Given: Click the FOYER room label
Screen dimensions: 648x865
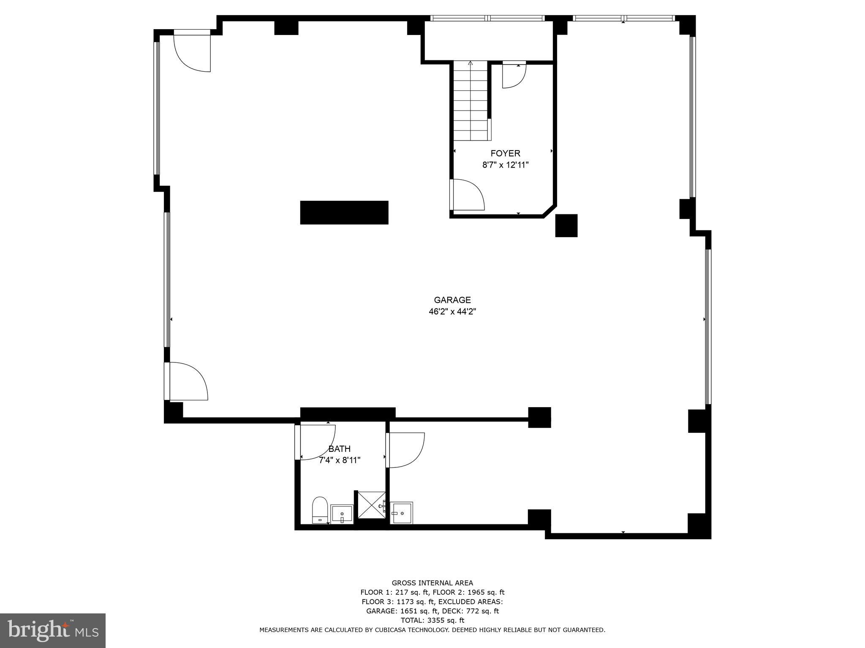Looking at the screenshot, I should pyautogui.click(x=505, y=154).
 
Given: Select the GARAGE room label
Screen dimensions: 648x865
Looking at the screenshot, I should pyautogui.click(x=452, y=300).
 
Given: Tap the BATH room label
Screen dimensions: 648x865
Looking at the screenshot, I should pyautogui.click(x=340, y=449).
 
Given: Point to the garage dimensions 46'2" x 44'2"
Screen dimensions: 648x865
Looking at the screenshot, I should pyautogui.click(x=452, y=312).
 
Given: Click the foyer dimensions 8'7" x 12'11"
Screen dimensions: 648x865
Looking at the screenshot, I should pyautogui.click(x=505, y=165).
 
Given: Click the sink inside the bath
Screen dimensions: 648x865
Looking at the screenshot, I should pyautogui.click(x=342, y=514).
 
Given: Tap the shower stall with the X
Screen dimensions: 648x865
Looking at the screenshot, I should pyautogui.click(x=371, y=505).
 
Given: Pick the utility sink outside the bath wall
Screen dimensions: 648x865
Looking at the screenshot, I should pyautogui.click(x=401, y=513).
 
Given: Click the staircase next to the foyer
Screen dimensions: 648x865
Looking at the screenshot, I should pyautogui.click(x=471, y=101).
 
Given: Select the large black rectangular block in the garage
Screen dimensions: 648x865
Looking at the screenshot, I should pyautogui.click(x=344, y=213).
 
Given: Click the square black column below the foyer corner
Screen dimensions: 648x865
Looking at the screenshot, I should pyautogui.click(x=566, y=226).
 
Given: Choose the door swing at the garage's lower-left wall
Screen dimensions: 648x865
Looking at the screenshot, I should pyautogui.click(x=188, y=381).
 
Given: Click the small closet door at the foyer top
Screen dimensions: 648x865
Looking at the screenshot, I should pyautogui.click(x=514, y=76).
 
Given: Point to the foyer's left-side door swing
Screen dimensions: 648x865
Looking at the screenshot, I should pyautogui.click(x=467, y=194).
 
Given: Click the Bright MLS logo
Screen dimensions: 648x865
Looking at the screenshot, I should pyautogui.click(x=53, y=630).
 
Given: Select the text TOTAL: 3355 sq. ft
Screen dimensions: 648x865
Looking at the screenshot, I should pyautogui.click(x=432, y=620).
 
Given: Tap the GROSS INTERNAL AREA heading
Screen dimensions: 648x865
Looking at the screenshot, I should pyautogui.click(x=432, y=583).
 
